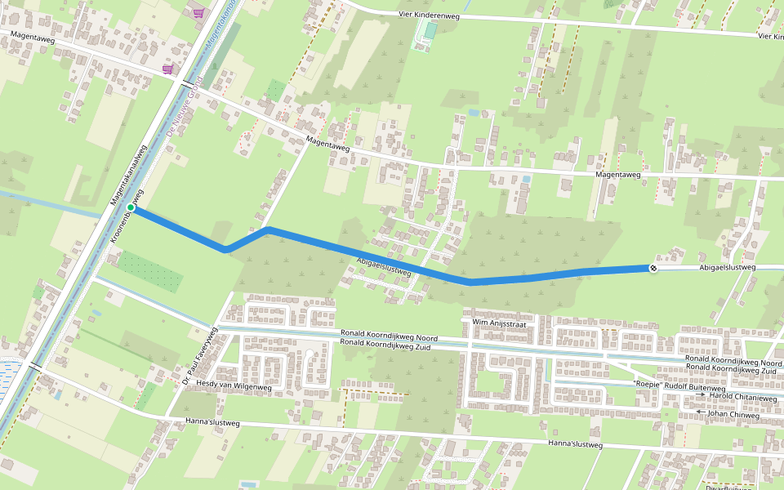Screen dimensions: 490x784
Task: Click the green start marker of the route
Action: [131, 207]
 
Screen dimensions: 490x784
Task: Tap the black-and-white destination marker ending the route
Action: [653, 268]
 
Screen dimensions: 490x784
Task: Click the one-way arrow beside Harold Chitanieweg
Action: [700, 395]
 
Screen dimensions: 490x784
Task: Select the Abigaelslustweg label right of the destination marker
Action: [728, 267]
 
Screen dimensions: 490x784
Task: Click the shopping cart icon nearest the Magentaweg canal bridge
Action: [167, 69]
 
